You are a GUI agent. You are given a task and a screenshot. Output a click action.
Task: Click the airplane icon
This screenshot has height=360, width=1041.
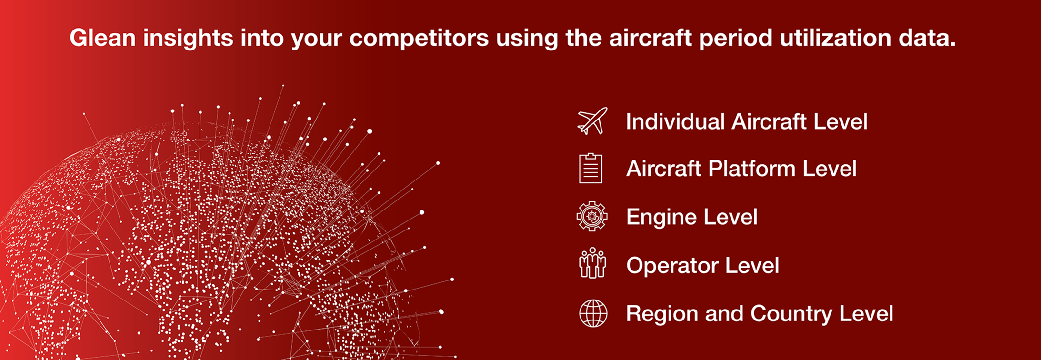coord(592,121)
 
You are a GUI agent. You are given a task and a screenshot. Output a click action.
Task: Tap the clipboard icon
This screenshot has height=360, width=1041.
coord(591,169)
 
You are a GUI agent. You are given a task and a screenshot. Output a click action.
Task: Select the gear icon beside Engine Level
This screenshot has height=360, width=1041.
coord(592,216)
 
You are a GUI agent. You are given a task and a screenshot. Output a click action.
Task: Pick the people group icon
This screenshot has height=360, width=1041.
coord(592,263)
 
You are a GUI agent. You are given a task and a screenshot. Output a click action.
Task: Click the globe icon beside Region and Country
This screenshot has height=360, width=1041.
coord(593,313)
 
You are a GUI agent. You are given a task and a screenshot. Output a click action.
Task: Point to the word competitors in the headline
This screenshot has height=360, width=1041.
coord(419,38)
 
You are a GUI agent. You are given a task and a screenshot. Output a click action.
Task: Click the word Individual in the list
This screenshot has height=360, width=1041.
coord(675,121)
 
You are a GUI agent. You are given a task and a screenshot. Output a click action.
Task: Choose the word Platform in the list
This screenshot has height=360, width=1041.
coord(751,169)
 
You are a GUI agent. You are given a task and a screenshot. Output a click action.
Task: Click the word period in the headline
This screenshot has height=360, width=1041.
coord(736,38)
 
